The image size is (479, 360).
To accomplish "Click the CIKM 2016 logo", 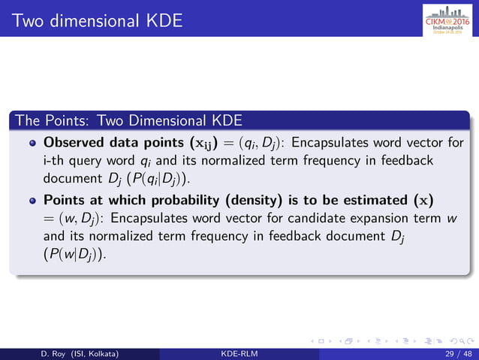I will pos(447,18).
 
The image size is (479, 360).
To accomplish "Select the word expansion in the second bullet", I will pos(399,219).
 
